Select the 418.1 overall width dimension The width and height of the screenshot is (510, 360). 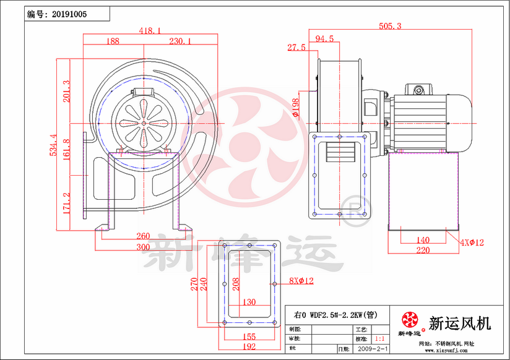coord(150,30)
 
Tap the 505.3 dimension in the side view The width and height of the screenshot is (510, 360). coord(391,26)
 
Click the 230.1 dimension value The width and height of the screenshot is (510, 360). coord(180,41)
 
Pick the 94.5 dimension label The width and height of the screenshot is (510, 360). coord(324,38)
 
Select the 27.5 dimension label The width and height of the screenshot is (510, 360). coord(296,48)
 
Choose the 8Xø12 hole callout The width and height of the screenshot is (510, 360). coord(301,281)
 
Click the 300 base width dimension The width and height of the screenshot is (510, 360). coord(143,247)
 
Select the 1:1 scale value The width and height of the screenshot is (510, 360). coord(380,340)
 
